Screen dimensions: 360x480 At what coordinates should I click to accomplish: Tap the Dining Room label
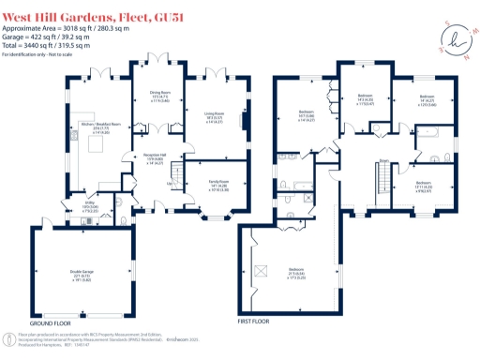point(160,95)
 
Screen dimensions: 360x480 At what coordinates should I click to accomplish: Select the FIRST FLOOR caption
point(262,322)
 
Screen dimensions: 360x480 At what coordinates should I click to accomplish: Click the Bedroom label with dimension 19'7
point(307,115)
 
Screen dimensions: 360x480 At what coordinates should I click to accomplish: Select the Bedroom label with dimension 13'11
point(424,185)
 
